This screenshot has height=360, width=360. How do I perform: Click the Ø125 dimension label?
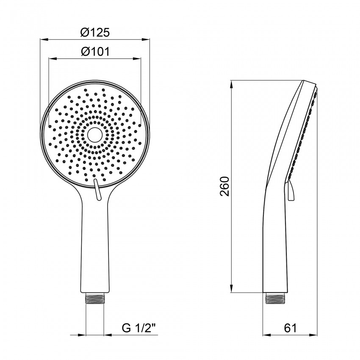pos(95,32)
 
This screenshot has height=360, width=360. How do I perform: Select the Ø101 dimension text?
pos(95,52)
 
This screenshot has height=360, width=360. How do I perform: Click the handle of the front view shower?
pos(95,246)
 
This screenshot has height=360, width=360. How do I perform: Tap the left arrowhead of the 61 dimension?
pos(265,334)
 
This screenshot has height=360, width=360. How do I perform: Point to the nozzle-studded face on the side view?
pos(304,131)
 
